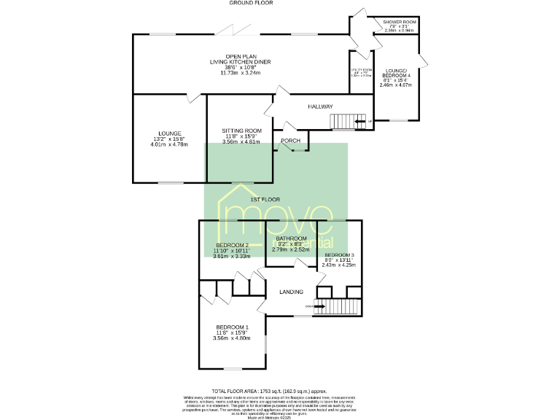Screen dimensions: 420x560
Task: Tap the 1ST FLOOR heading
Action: click(x=265, y=199)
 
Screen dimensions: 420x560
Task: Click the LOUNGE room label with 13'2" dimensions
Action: click(x=170, y=133)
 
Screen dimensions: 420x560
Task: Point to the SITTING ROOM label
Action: click(x=241, y=131)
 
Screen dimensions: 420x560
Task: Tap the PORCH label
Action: click(x=291, y=141)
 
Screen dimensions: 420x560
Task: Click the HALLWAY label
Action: click(x=319, y=107)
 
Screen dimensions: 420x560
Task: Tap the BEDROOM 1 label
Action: click(x=232, y=327)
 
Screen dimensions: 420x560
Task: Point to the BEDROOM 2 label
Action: click(x=233, y=245)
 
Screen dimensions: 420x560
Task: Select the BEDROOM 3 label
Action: click(x=339, y=254)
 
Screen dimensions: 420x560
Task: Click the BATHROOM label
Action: click(x=290, y=238)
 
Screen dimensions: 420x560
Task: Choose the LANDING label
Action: click(x=292, y=292)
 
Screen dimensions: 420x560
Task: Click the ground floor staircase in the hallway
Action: click(x=347, y=121)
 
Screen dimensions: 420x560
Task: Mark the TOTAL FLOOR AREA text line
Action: click(x=269, y=392)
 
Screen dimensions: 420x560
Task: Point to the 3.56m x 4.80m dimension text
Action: click(x=232, y=338)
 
